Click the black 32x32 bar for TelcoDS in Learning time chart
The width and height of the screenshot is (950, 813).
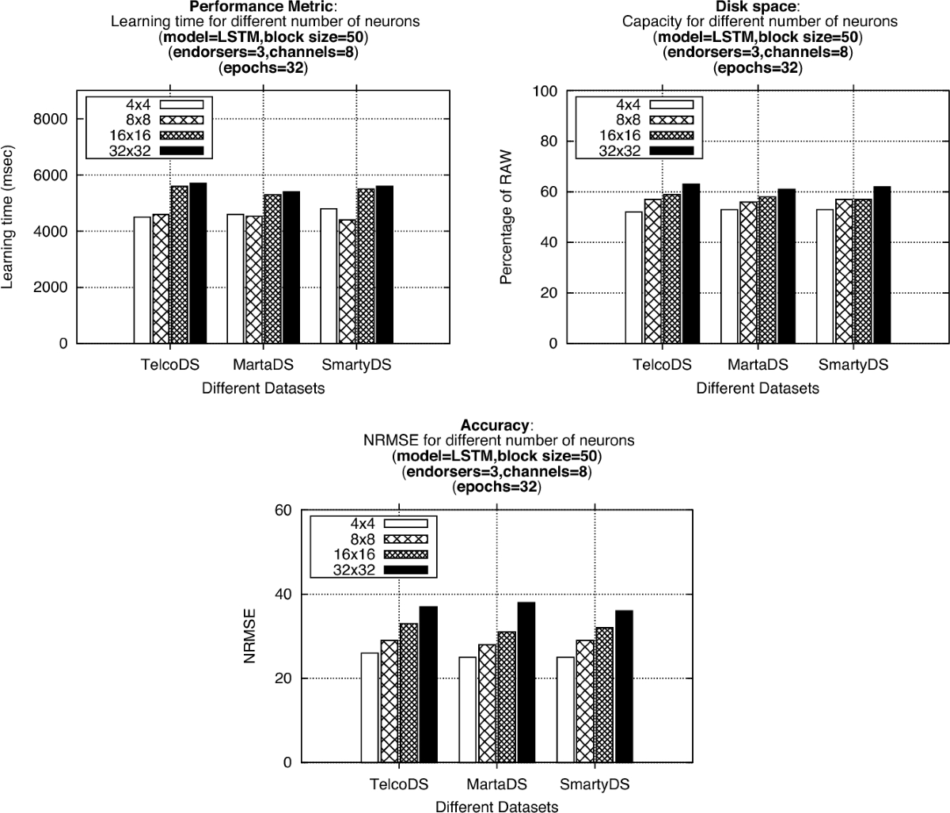[x=198, y=263]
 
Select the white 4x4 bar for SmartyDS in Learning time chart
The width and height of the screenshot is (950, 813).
[x=329, y=275]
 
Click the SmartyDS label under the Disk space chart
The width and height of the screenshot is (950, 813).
[x=853, y=365]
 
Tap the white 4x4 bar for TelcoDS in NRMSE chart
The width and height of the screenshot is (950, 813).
[x=370, y=708]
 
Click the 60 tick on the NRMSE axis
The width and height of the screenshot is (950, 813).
[x=282, y=511]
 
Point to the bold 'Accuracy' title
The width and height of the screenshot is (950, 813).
[x=495, y=425]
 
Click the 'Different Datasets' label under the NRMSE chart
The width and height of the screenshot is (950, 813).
[x=496, y=807]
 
